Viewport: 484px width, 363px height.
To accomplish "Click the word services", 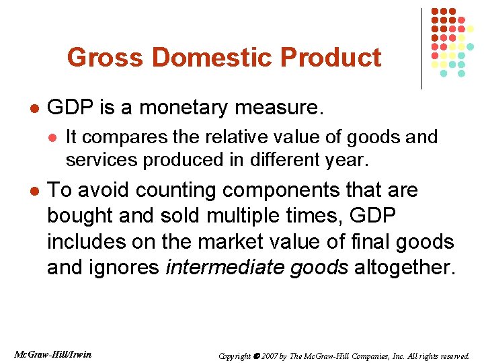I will (97, 160).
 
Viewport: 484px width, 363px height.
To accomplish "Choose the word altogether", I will (405, 267).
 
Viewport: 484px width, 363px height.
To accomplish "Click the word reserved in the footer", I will (454, 356).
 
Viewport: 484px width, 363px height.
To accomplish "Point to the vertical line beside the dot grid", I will (421, 47).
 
